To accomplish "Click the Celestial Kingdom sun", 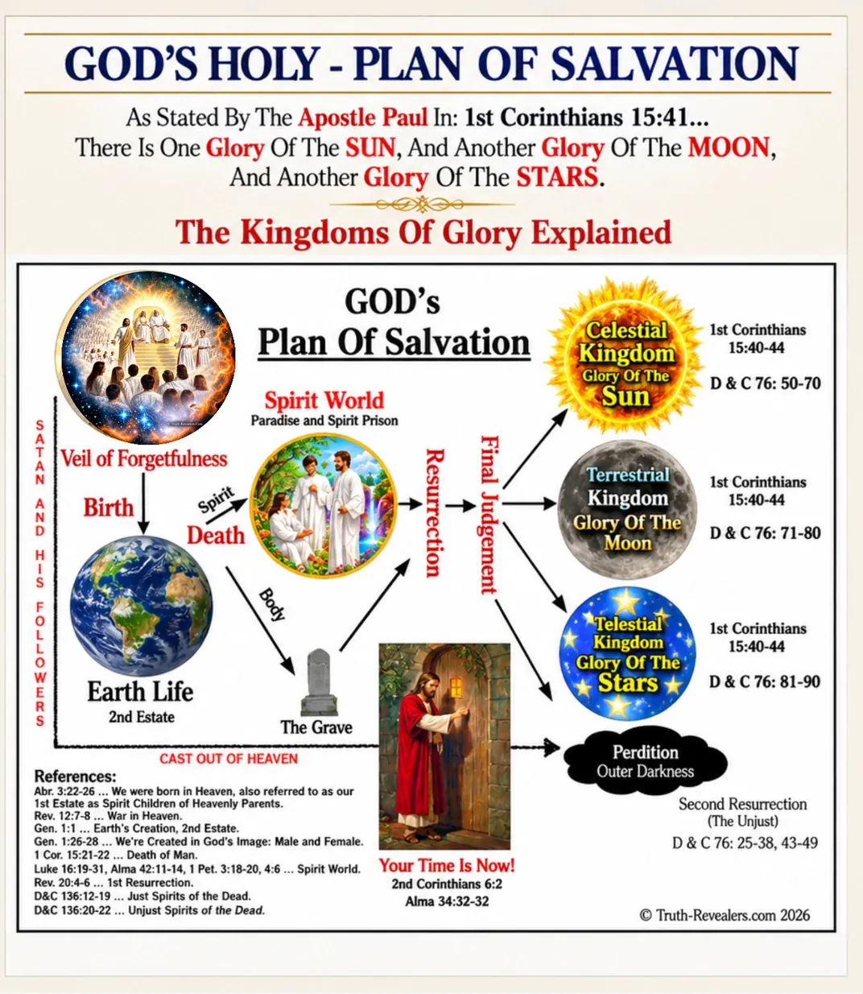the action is pos(626,356).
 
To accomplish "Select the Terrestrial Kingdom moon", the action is pos(627,510).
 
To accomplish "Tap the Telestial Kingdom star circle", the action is pos(627,654).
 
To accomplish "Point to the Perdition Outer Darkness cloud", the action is pos(645,762).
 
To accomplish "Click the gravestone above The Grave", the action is pos(319,682).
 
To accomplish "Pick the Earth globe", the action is pos(141,605).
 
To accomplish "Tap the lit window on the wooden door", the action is pos(456,687).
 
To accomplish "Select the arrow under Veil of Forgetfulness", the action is pos(143,503).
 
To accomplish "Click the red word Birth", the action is pos(108,507).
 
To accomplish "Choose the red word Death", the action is pos(216,536).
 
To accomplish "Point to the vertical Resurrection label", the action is pos(435,512).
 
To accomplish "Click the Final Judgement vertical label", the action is pos(489,515).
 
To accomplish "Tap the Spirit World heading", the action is pos(324,401).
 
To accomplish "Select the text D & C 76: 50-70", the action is pos(766,383).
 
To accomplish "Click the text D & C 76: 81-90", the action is pos(765,681).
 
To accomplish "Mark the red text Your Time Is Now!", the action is pos(447,865).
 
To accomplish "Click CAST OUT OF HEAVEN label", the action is pos(229,759).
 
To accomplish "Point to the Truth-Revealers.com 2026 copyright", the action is pos(725,915).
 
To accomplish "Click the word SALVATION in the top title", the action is pos(675,64).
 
